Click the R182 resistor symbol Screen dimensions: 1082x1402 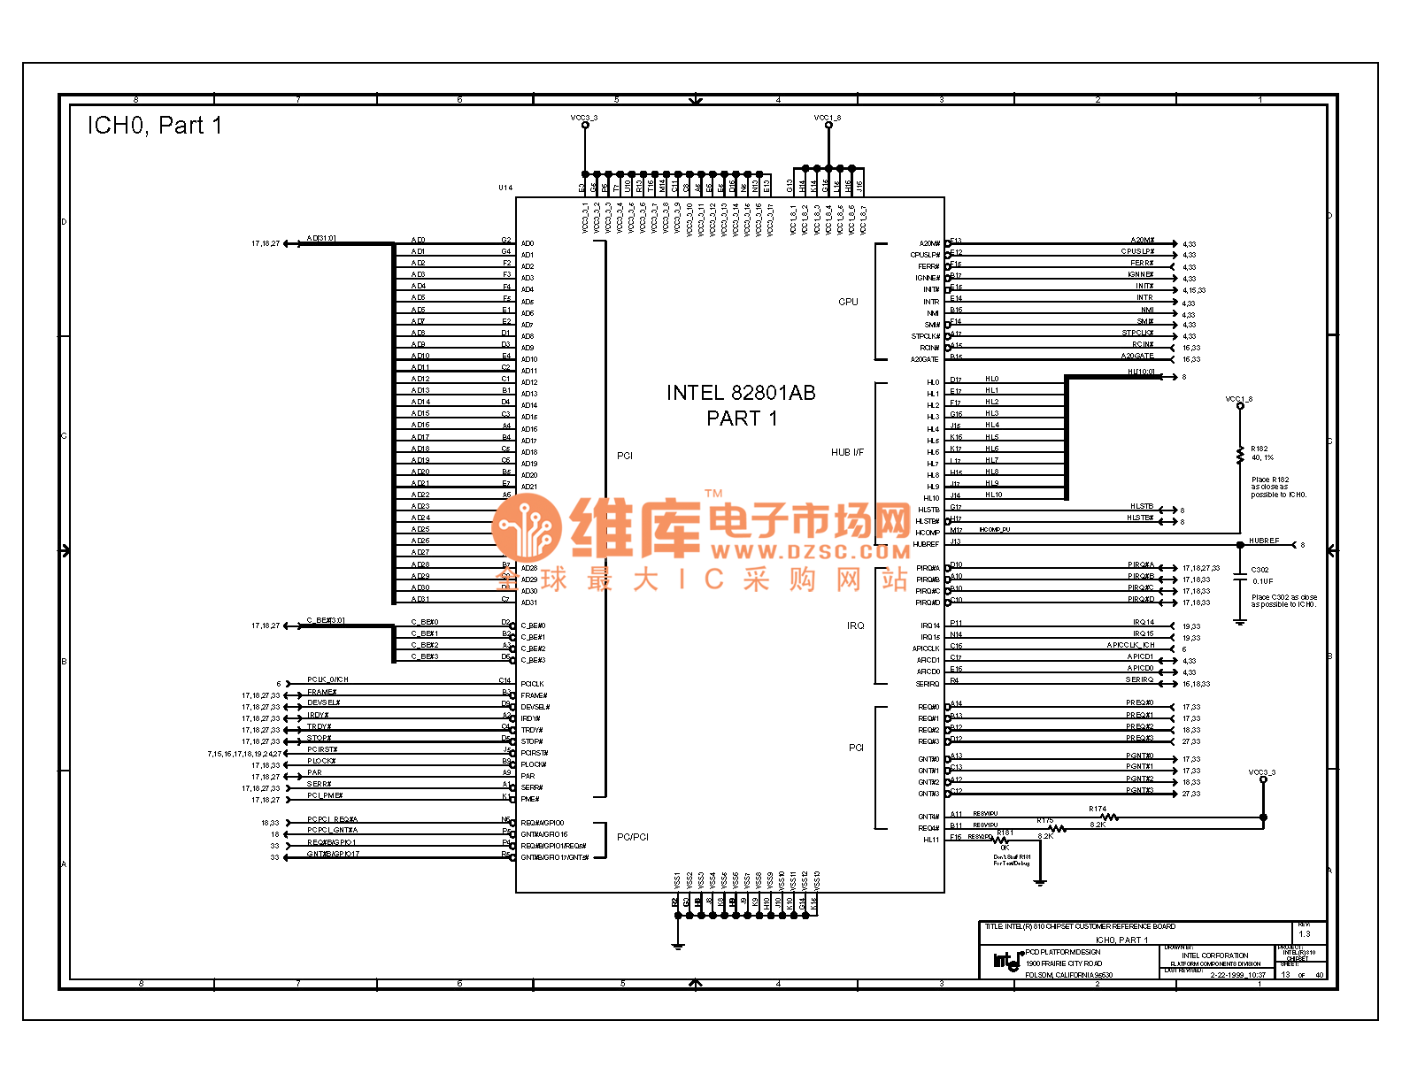[1240, 455]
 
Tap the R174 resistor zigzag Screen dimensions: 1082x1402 [1108, 817]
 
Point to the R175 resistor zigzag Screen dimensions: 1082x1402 [1056, 829]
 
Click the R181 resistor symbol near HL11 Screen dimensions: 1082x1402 [1001, 840]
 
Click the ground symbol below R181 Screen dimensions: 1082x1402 [1040, 881]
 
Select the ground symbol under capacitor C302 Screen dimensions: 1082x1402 [1240, 623]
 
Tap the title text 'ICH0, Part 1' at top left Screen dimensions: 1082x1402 [154, 126]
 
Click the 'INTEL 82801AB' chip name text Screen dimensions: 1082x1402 [741, 393]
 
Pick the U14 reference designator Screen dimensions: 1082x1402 [505, 188]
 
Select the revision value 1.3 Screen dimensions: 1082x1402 [1304, 934]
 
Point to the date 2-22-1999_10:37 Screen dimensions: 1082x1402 [1237, 975]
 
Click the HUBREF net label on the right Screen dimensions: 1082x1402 [1264, 541]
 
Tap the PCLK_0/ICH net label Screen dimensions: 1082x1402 [327, 679]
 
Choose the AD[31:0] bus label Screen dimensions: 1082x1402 [321, 238]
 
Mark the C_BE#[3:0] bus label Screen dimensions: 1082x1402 [326, 620]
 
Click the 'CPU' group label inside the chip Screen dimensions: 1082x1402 [848, 302]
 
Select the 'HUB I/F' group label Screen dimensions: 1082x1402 [847, 452]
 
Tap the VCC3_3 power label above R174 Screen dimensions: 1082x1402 [1262, 772]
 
